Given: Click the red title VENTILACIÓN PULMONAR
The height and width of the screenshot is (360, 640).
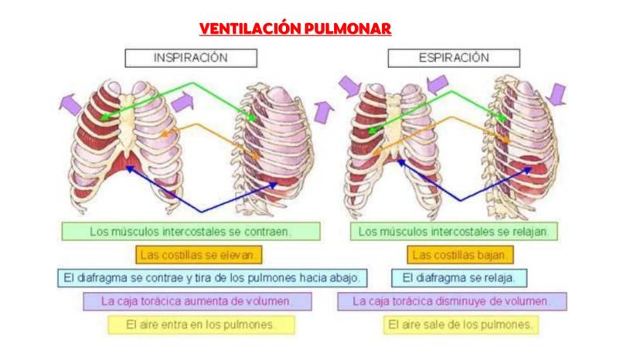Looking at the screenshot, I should [295, 29].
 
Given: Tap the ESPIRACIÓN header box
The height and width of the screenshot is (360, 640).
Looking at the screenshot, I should [454, 58].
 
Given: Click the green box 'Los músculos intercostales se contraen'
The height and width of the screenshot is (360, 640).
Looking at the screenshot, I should [190, 231].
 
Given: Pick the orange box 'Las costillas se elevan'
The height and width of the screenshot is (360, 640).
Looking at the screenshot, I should [200, 254].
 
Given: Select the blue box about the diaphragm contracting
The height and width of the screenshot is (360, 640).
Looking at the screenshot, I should [211, 277].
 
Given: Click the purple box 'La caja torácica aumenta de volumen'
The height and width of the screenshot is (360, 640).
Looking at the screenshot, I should [198, 301].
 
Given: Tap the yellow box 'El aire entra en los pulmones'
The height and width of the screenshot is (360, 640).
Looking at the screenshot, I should [200, 324].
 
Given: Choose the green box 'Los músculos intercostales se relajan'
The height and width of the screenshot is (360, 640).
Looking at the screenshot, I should [454, 231].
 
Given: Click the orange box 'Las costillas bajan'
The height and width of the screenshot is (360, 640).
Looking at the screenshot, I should [460, 254].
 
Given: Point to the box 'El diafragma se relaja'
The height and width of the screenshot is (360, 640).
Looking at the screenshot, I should [459, 277].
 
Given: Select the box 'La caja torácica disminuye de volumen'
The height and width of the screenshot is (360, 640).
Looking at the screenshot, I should [451, 301].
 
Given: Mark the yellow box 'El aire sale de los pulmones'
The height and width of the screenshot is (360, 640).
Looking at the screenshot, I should [461, 324].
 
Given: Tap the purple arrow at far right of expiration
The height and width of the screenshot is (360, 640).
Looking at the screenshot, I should [557, 94].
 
